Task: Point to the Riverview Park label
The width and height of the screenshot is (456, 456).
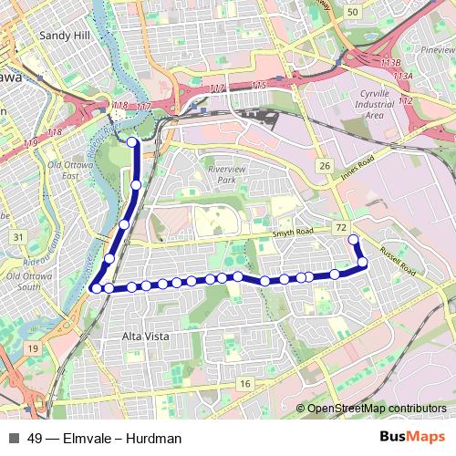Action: tap(227, 175)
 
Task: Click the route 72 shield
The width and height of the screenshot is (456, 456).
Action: tap(341, 226)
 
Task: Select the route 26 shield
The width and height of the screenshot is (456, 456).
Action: tap(324, 166)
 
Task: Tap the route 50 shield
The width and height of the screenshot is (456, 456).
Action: tap(353, 11)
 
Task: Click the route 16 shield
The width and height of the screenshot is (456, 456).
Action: tap(244, 384)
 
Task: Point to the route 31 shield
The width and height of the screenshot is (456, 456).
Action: tap(18, 237)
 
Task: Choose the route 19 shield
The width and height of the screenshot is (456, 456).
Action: tap(33, 348)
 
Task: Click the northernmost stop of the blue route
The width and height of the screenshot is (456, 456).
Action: tap(132, 142)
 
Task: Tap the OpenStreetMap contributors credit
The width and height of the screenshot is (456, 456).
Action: tap(377, 408)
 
